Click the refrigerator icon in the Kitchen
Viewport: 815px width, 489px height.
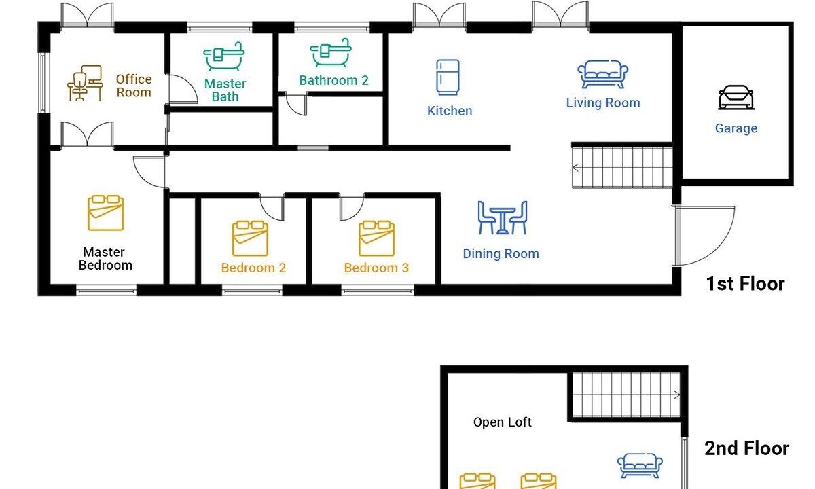tap(448, 77)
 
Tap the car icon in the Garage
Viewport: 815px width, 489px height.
tap(736, 98)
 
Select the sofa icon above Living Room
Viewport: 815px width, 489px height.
tap(602, 75)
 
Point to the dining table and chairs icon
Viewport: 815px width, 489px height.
tap(502, 217)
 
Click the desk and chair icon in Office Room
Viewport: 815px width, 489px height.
tap(85, 83)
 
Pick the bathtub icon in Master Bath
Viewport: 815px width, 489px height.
tap(223, 56)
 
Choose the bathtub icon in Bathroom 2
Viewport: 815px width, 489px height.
tap(330, 53)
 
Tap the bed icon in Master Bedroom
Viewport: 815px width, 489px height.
tap(105, 213)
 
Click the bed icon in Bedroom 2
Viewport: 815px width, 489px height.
tap(250, 238)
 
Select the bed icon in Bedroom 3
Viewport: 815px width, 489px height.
tap(376, 238)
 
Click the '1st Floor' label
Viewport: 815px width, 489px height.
tap(745, 284)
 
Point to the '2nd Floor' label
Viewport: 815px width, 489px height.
tap(746, 448)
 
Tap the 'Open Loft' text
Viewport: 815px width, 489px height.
tap(502, 422)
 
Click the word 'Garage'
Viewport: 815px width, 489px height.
tap(736, 128)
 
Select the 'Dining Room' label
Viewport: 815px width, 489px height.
tap(501, 253)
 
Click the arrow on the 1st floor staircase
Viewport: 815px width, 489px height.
tap(577, 168)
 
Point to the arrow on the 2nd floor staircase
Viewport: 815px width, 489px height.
tap(676, 395)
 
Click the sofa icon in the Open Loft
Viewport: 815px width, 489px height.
tap(640, 466)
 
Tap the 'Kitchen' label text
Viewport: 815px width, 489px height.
tap(450, 111)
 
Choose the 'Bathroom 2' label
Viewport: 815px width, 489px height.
tap(333, 80)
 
